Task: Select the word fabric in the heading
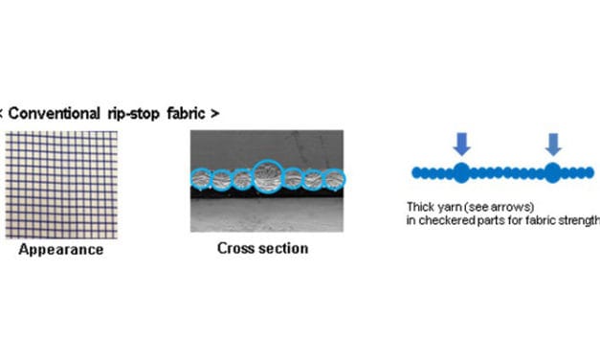coord(187,113)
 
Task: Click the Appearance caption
coord(61,250)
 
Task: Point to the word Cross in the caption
coord(234,248)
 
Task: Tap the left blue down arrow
coord(461,143)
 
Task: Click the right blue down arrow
coord(553,143)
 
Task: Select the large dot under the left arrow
coord(461,172)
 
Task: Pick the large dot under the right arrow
coord(553,172)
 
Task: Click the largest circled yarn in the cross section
coord(267,176)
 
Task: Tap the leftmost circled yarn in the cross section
coord(201,178)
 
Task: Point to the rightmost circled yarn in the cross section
coord(334,178)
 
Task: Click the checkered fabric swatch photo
coord(61,184)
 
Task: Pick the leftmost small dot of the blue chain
coord(415,173)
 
